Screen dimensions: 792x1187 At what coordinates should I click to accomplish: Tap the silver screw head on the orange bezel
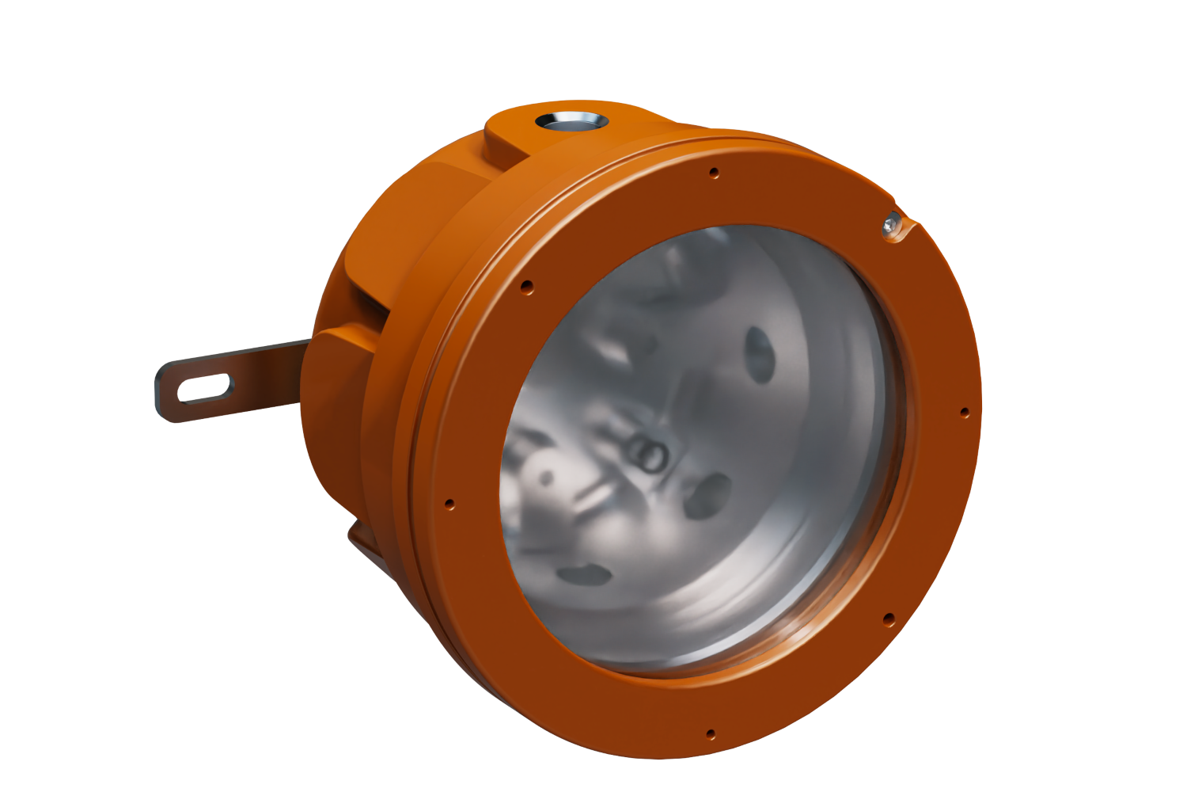tap(892, 225)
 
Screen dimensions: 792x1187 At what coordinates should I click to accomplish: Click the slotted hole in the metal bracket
tap(205, 388)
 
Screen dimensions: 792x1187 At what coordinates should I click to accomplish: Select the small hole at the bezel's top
tap(714, 171)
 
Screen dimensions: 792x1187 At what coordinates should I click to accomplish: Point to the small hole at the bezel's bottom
tap(710, 733)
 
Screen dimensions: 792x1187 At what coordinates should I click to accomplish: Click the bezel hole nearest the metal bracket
tap(526, 285)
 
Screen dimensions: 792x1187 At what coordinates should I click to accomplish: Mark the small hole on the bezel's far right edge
tap(964, 412)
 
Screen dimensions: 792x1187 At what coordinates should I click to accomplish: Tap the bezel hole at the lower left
tap(449, 502)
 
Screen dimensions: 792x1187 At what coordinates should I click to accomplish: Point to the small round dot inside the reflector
tap(546, 478)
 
